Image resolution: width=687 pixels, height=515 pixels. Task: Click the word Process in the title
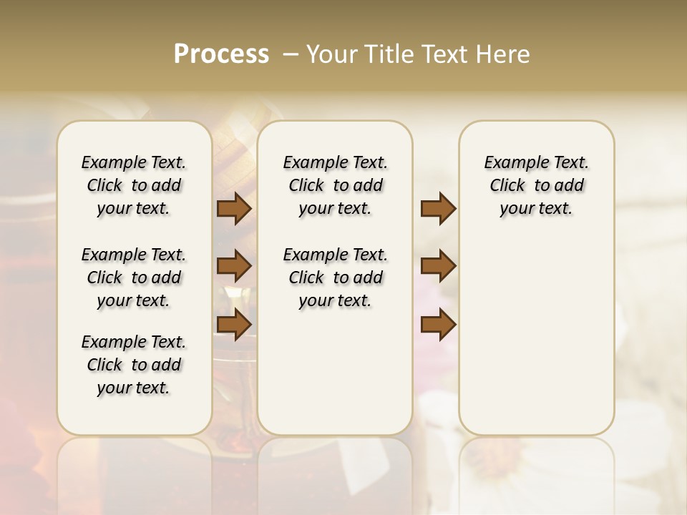(x=221, y=54)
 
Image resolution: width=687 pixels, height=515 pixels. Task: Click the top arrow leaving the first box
(x=234, y=209)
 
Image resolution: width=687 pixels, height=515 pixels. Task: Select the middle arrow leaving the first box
(x=234, y=266)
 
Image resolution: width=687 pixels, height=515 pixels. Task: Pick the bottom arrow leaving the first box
(x=234, y=324)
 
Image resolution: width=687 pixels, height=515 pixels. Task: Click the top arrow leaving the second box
(x=438, y=209)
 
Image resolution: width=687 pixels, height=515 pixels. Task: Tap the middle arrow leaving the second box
(x=438, y=266)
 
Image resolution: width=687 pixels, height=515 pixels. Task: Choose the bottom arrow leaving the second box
(x=438, y=324)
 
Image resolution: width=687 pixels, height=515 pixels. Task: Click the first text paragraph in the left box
(x=134, y=185)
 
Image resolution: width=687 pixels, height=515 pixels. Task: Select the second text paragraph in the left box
(x=134, y=278)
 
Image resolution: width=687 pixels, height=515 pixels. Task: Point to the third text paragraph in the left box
(x=134, y=365)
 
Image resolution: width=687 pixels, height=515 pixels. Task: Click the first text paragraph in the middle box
(x=335, y=185)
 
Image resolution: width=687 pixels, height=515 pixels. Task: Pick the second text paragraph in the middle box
(x=335, y=278)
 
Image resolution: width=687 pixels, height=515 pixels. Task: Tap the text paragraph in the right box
(x=536, y=185)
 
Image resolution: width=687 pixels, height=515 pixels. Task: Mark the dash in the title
(x=291, y=54)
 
